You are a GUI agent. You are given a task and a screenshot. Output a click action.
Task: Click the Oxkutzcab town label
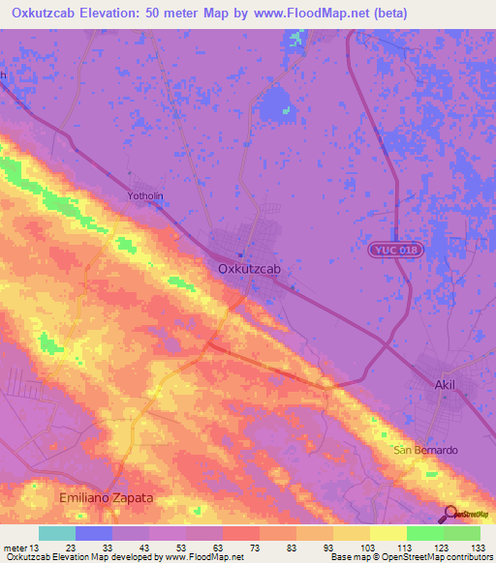click(248, 270)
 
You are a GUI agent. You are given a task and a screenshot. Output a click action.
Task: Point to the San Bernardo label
click(424, 451)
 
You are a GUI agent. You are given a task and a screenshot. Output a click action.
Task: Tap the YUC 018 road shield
click(397, 250)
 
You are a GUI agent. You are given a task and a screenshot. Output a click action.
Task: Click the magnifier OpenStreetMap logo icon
click(451, 514)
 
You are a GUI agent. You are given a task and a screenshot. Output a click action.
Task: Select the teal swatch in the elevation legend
click(57, 533)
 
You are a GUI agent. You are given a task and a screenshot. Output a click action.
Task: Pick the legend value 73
click(240, 548)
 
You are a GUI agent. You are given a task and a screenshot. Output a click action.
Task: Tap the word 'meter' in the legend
click(14, 548)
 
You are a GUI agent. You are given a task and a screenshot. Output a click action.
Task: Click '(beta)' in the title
click(386, 14)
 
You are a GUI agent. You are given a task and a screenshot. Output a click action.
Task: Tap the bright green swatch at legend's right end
click(462, 533)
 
